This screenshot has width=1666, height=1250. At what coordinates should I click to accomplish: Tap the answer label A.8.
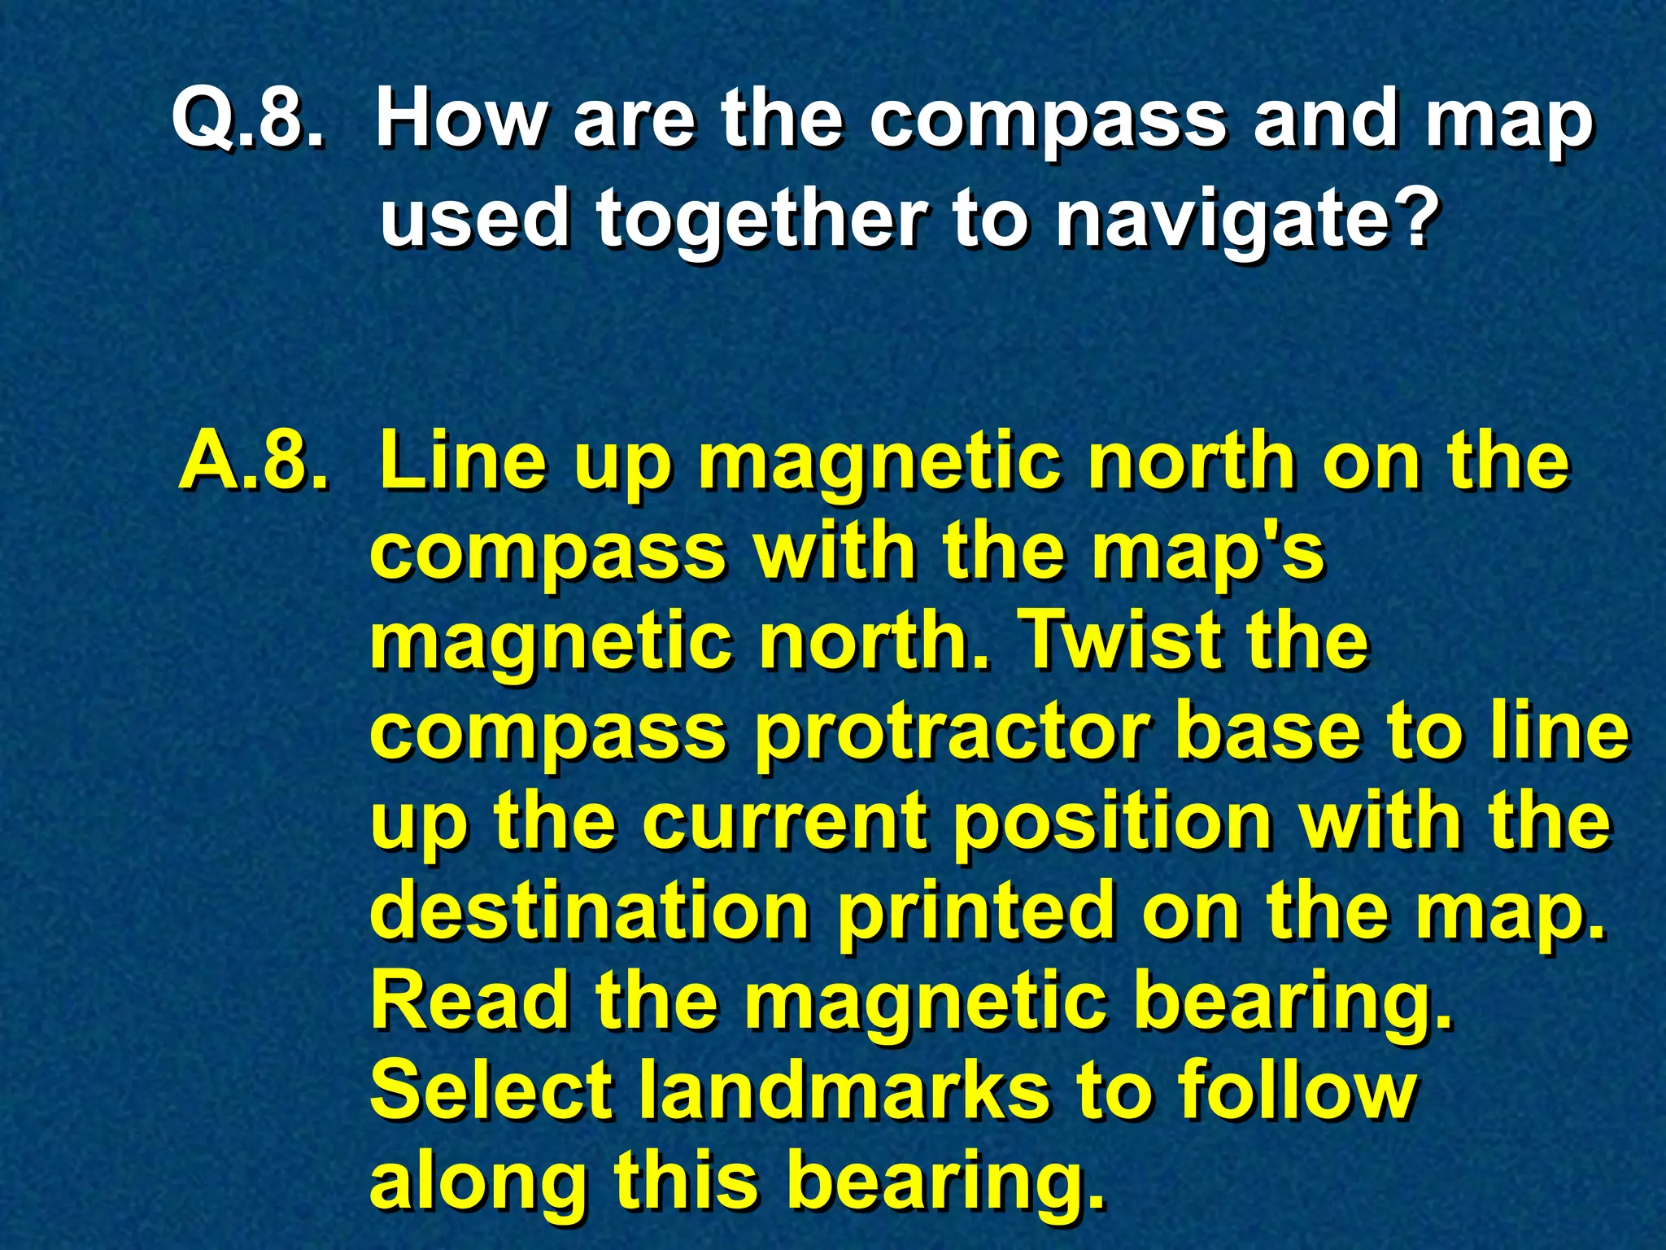255,461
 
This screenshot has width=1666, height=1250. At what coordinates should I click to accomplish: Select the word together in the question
761,218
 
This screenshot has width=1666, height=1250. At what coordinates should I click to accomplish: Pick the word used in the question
473,218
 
